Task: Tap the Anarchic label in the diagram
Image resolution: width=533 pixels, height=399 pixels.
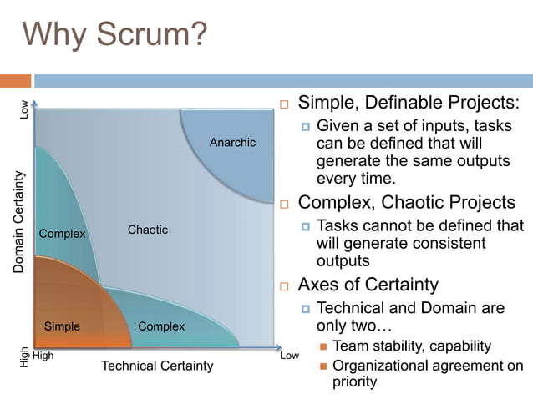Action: tap(232, 143)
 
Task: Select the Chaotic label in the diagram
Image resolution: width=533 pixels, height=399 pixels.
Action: tap(148, 230)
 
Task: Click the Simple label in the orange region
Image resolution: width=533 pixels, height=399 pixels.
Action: tap(62, 326)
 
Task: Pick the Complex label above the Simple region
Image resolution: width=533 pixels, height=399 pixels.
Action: tap(63, 234)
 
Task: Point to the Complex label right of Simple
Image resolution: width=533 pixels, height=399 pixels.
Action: tap(161, 326)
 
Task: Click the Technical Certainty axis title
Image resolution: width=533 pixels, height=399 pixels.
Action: tap(157, 366)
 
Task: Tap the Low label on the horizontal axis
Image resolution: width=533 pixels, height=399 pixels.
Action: tap(289, 356)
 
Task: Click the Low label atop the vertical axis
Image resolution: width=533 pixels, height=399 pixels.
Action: tap(25, 109)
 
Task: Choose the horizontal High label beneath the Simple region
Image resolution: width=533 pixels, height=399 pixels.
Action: tap(43, 356)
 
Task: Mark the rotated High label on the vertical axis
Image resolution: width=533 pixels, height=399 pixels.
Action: tap(24, 357)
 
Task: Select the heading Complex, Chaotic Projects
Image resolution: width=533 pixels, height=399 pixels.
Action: tap(407, 203)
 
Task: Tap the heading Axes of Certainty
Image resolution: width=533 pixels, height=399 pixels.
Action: tap(368, 285)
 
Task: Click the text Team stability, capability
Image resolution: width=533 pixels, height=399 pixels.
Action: tap(412, 346)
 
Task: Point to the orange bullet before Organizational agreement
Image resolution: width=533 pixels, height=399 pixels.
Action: tap(323, 366)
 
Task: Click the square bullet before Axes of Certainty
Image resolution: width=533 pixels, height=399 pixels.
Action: tap(284, 286)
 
